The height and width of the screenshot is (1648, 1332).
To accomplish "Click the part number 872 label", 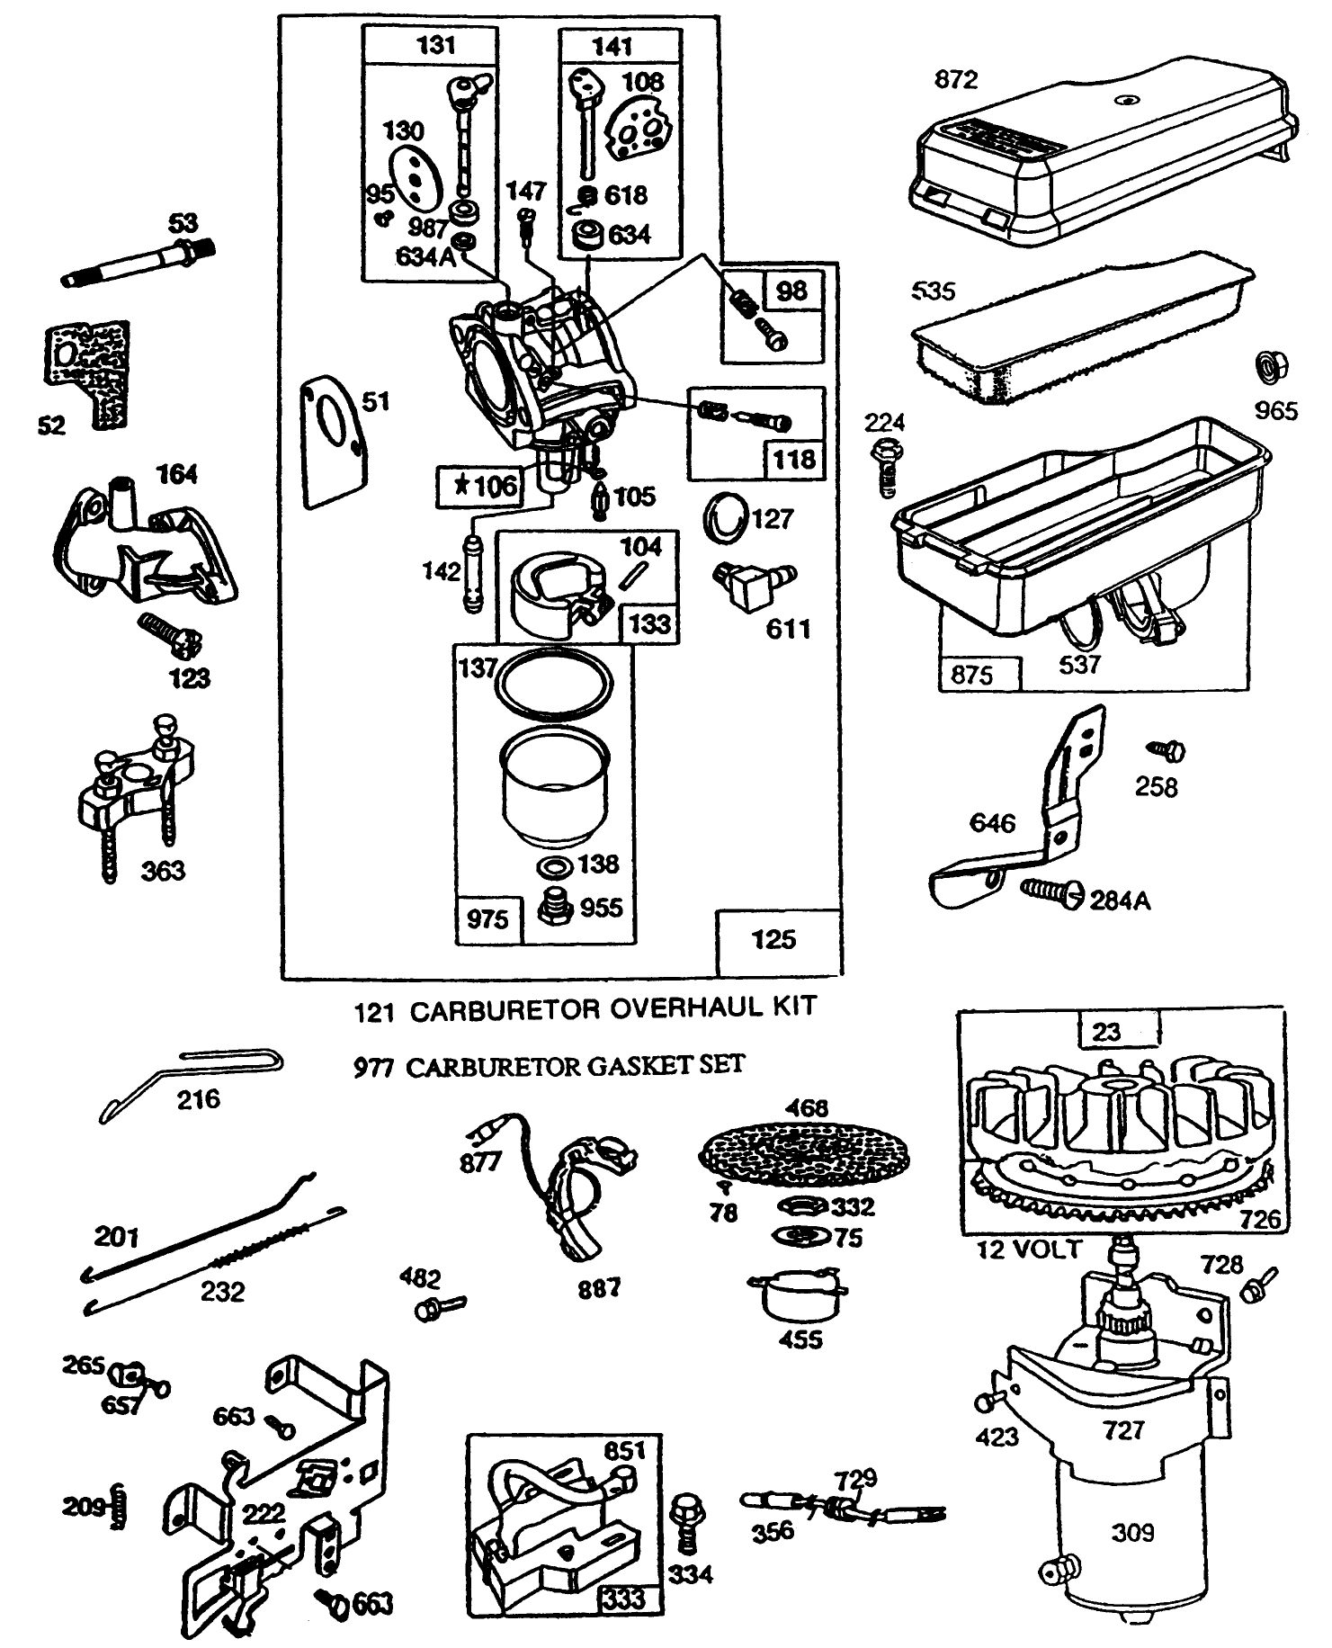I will point(955,80).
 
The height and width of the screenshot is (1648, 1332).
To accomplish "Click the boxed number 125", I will point(773,940).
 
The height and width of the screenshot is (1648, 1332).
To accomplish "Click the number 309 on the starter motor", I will point(1131,1532).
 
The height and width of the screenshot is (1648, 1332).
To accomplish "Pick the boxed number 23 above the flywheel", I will point(1105,1032).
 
